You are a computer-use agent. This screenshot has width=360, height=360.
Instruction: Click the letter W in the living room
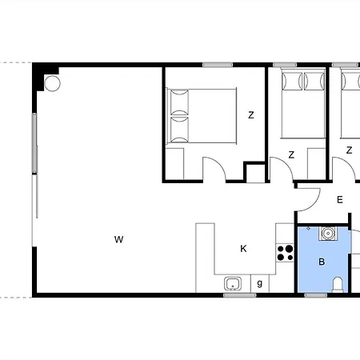point(118,239)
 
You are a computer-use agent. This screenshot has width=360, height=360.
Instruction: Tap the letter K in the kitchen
point(243,249)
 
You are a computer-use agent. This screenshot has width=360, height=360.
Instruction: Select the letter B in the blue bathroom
point(322,262)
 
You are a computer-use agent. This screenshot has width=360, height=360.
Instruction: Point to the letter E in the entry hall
point(339,199)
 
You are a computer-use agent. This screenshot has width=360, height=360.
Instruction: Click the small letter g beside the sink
point(260,283)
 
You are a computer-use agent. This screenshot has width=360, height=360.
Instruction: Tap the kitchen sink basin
point(233,283)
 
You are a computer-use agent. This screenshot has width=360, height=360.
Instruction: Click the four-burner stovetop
point(285,253)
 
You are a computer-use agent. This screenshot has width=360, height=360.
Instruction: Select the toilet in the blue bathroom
point(338,285)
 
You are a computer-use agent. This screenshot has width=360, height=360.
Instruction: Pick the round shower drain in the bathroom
point(327,234)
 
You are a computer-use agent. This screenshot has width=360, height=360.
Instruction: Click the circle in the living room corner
point(52,83)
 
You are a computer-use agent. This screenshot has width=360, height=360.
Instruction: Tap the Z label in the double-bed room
point(250,115)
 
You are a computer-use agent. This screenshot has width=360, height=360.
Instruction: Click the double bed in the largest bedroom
point(202,115)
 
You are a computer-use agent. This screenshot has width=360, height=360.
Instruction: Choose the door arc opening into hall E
point(313,203)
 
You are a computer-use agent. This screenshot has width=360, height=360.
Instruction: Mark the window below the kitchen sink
point(240,295)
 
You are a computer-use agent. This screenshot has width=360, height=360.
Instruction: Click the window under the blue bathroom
point(316,295)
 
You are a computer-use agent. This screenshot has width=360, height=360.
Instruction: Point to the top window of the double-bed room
point(218,65)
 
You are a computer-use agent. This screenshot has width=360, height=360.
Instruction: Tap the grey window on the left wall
point(34,142)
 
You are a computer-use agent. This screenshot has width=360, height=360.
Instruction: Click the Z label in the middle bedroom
point(291,154)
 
